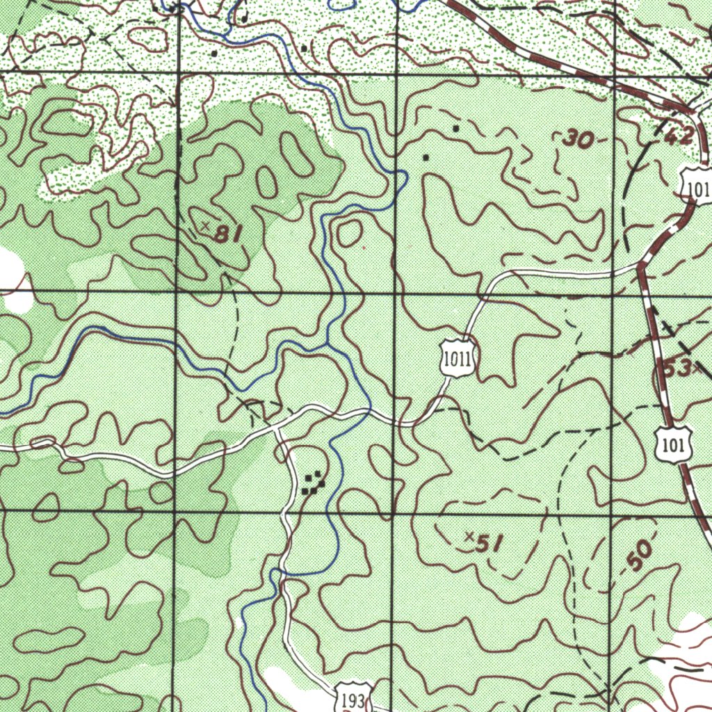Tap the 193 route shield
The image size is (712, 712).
[353, 699]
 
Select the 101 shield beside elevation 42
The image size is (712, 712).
[696, 186]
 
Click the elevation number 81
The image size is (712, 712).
[227, 234]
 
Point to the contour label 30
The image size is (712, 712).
[578, 140]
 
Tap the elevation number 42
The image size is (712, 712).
[679, 136]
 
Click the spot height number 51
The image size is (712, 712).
[488, 544]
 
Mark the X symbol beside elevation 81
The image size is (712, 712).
[205, 225]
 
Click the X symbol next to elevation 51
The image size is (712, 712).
[469, 536]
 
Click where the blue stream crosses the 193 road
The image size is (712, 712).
[281, 572]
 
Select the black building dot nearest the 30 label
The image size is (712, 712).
[455, 129]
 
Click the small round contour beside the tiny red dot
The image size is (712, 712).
[348, 234]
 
